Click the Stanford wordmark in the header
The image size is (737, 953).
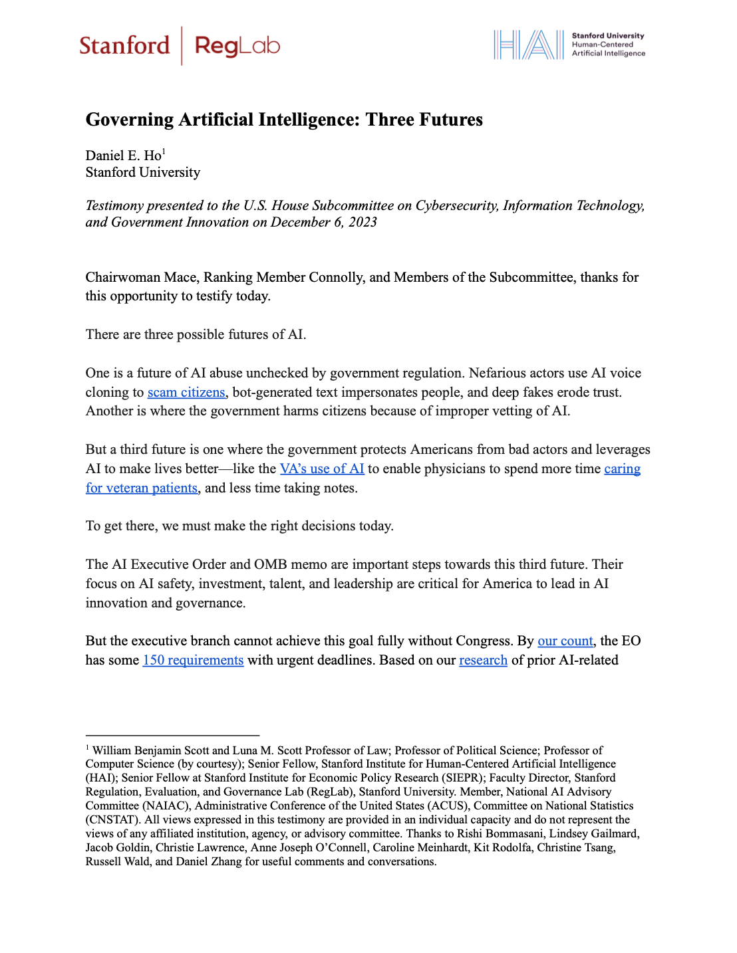[124, 46]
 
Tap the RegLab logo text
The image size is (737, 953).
[237, 46]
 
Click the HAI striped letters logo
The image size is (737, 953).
[528, 45]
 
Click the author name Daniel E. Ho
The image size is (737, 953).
[123, 156]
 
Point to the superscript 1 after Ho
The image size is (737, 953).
[164, 152]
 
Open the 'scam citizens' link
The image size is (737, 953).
[186, 392]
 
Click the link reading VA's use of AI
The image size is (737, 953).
[322, 469]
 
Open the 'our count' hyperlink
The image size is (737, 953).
[565, 641]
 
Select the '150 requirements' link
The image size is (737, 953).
[193, 660]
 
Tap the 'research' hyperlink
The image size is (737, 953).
[483, 660]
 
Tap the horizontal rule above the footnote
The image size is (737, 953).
[172, 736]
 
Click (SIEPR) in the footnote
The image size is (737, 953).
[463, 778]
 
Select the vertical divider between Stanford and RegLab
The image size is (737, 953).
[182, 46]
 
